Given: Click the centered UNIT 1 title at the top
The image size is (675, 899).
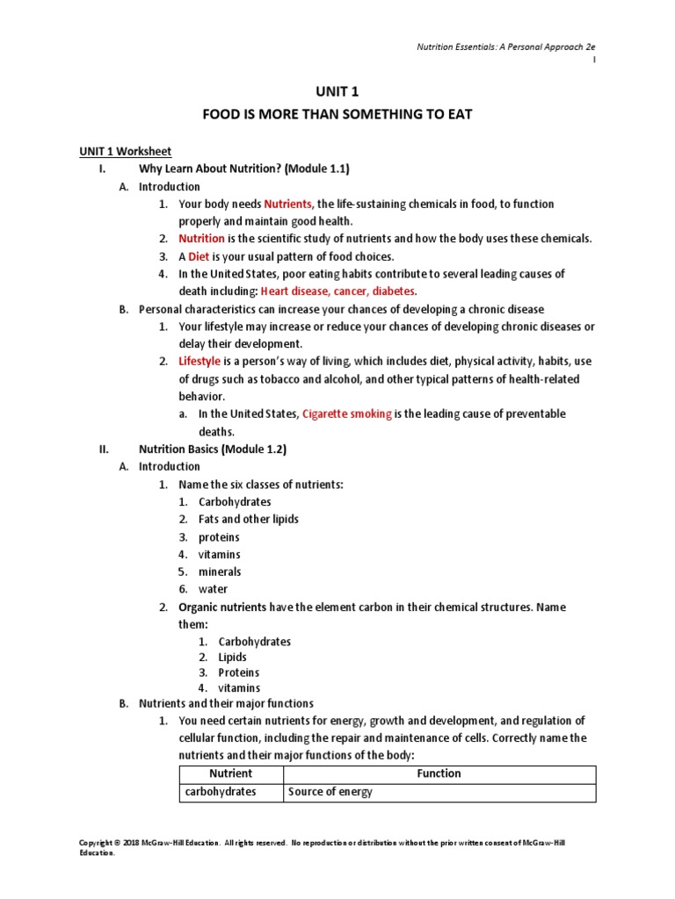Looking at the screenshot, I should click(337, 91).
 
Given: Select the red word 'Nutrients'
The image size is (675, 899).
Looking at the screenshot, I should click(288, 204).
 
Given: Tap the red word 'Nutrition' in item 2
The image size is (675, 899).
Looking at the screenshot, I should click(201, 239).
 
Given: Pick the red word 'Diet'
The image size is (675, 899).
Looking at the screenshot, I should click(199, 256).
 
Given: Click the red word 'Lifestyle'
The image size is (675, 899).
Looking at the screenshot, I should click(200, 362).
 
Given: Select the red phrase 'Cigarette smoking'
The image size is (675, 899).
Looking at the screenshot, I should click(346, 414).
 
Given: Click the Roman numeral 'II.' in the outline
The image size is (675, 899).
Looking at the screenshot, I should click(103, 449).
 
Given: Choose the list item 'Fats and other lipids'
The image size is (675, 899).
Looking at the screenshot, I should click(248, 520).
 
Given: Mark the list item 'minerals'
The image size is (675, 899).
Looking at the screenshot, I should click(219, 572).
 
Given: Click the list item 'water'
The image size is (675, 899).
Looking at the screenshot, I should click(213, 590).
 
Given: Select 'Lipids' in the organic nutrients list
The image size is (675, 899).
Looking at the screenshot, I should click(232, 657).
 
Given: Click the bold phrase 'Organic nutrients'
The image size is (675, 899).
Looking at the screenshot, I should click(223, 608).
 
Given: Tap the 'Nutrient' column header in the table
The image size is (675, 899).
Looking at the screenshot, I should click(230, 773).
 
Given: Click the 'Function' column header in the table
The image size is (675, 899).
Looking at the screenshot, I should click(439, 773).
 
